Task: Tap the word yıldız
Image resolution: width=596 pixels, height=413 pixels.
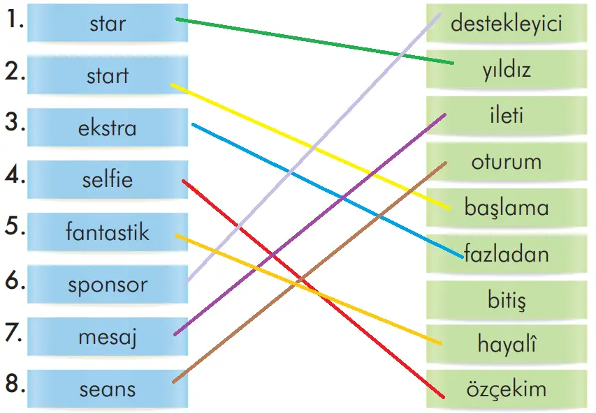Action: point(507,70)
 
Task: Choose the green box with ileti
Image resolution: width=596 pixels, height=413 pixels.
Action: point(507,115)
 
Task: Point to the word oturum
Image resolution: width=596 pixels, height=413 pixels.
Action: point(507,162)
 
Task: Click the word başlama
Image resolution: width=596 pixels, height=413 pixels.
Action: point(507,207)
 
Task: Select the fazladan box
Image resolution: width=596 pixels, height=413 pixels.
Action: point(507,254)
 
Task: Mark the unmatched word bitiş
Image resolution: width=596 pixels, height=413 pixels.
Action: point(507,301)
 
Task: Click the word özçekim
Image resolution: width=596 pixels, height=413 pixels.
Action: point(507,389)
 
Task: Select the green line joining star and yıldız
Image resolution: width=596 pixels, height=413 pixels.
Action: point(314,41)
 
